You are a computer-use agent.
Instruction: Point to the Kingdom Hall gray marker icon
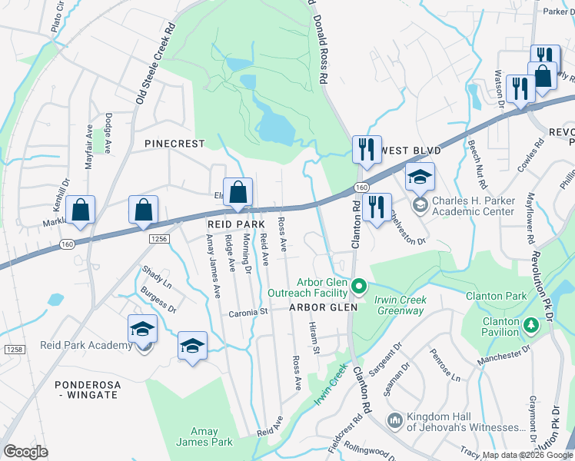394,420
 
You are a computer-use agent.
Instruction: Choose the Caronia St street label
248,313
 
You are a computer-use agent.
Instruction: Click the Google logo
26,451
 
